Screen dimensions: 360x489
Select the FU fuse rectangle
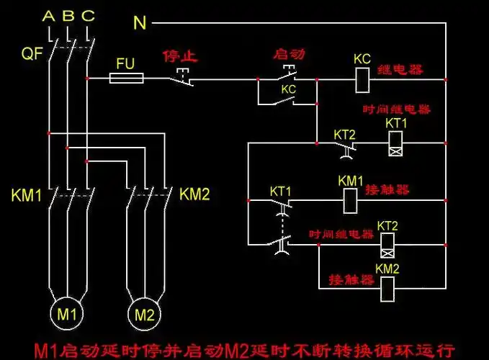[127, 78]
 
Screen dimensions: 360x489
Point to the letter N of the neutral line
[140, 23]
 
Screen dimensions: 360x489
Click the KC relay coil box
[363, 78]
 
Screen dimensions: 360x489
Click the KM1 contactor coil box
[351, 199]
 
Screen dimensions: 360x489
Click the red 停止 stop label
[180, 55]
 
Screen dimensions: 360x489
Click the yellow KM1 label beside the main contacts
[27, 195]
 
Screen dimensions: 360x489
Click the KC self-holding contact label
[288, 89]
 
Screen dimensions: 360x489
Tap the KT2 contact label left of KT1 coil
[344, 135]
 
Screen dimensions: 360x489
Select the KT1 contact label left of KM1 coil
[280, 192]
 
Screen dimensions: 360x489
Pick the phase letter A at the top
[48, 16]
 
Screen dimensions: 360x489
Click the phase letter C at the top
[87, 16]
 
